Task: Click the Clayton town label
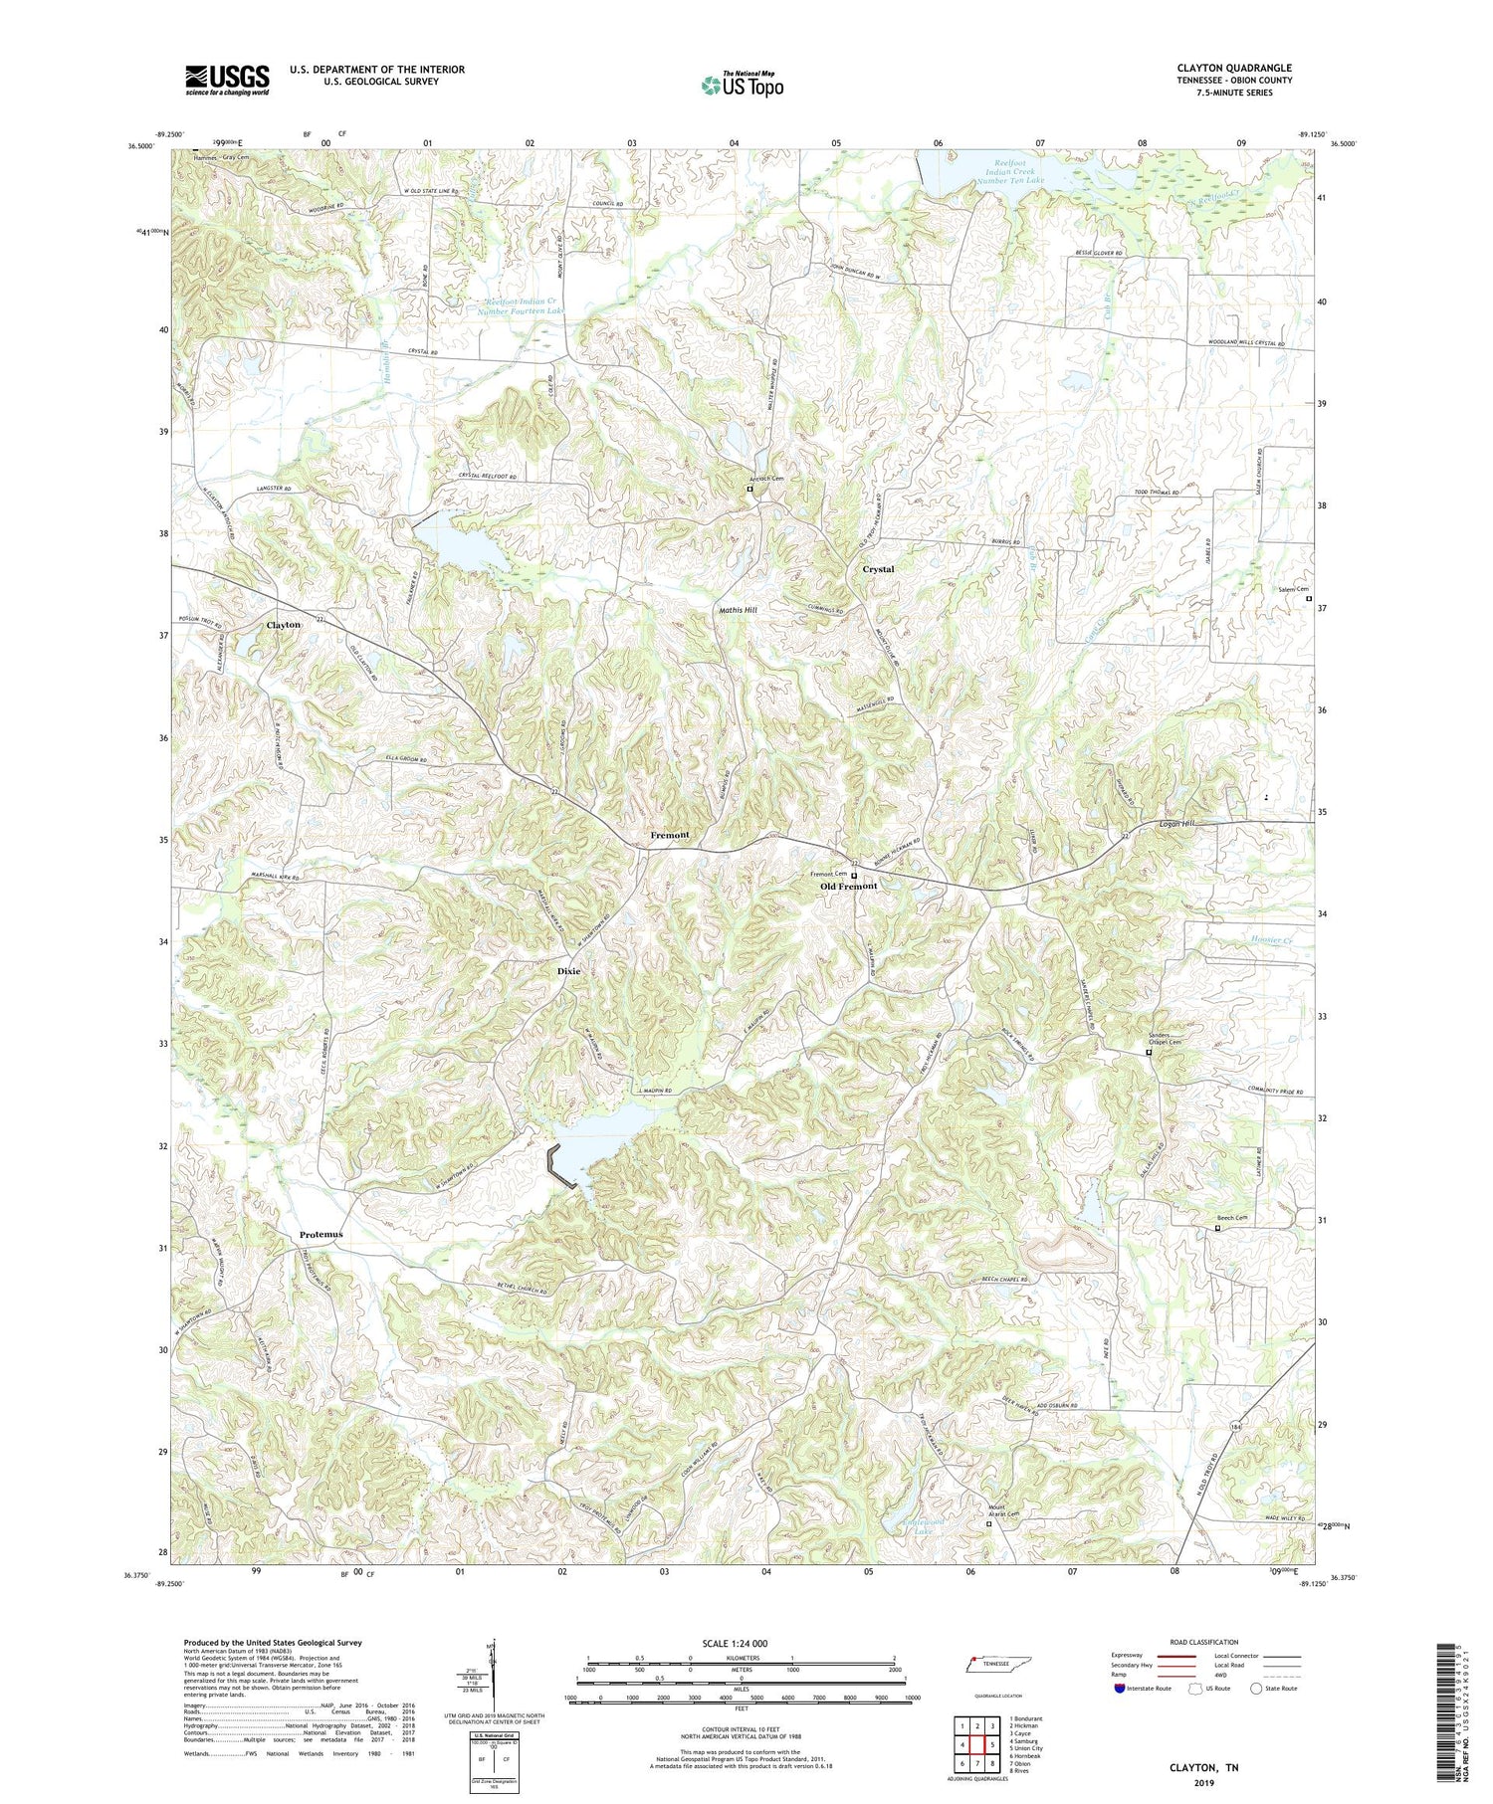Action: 283,625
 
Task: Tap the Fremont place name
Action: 669,835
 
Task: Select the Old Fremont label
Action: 848,887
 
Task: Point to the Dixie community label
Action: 568,971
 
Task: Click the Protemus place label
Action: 320,1235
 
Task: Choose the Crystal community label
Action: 878,570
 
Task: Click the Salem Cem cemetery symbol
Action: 1308,599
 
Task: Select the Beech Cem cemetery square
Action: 1217,1229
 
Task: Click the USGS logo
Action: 227,80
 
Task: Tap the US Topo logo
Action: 742,85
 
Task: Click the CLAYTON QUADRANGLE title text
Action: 1233,68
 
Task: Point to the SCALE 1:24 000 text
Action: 735,1644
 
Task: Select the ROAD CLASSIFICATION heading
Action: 1204,1643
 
